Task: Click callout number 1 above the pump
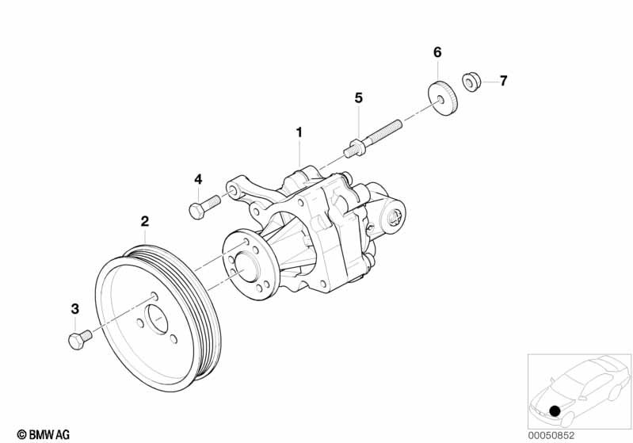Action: click(x=299, y=132)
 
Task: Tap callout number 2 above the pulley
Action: click(x=145, y=221)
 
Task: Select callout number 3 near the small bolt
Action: click(x=75, y=309)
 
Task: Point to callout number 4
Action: click(x=198, y=179)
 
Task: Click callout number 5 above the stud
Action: click(x=359, y=97)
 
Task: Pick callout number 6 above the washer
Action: click(x=437, y=52)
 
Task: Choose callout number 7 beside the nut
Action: click(x=503, y=81)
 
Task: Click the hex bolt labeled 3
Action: click(x=80, y=340)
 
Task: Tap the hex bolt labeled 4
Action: click(x=204, y=206)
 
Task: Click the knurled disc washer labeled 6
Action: click(x=442, y=98)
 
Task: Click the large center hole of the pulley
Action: click(x=157, y=319)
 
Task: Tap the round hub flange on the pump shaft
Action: click(x=247, y=265)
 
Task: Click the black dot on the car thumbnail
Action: click(x=555, y=411)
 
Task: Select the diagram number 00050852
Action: click(x=551, y=435)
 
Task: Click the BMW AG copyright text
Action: click(x=44, y=434)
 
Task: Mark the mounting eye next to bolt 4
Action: click(x=233, y=189)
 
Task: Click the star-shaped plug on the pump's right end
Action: click(x=394, y=219)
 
